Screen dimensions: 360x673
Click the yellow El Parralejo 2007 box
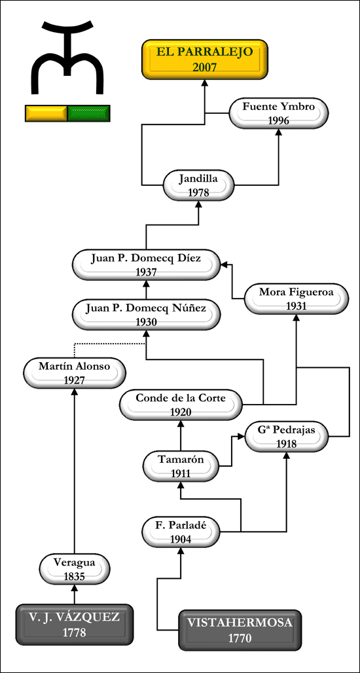pyautogui.click(x=205, y=59)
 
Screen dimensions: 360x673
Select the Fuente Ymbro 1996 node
pyautogui.click(x=278, y=113)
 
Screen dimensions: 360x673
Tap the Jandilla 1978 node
pyautogui.click(x=199, y=185)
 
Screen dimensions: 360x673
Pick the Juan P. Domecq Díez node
pyautogui.click(x=147, y=265)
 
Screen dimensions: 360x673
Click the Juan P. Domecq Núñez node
pyautogui.click(x=147, y=315)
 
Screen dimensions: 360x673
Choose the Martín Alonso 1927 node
pyautogui.click(x=75, y=373)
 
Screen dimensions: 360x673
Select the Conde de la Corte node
pyautogui.click(x=181, y=405)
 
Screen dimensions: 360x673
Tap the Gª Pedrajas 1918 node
pyautogui.click(x=287, y=436)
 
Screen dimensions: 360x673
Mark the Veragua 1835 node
pyautogui.click(x=75, y=569)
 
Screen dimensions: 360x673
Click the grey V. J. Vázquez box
pyautogui.click(x=75, y=624)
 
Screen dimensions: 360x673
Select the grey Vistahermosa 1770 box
pyautogui.click(x=240, y=629)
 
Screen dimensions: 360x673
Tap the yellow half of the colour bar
pyautogui.click(x=46, y=113)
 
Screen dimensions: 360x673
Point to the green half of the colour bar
pyautogui.click(x=89, y=113)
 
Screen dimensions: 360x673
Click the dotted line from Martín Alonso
pyautogui.click(x=107, y=344)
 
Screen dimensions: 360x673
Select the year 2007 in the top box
pyautogui.click(x=205, y=67)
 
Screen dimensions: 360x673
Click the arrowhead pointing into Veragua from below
pyautogui.click(x=75, y=588)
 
